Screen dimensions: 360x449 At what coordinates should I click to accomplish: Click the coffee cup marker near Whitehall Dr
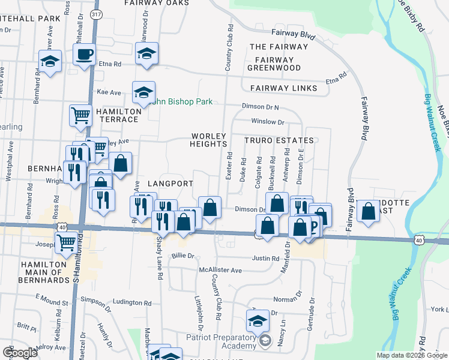point(84,55)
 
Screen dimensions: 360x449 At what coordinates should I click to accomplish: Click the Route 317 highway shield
point(95,13)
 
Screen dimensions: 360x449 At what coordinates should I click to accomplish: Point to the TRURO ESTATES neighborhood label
point(279,140)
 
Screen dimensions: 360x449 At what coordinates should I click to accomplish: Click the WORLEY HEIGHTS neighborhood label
point(208,140)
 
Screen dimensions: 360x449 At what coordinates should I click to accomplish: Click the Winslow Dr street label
point(267,122)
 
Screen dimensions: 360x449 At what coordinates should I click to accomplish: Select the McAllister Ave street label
point(220,270)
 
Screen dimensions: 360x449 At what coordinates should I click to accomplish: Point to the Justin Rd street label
point(266,259)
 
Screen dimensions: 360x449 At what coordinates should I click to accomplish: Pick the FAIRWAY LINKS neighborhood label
point(283,88)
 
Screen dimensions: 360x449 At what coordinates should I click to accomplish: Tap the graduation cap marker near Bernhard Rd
point(50,61)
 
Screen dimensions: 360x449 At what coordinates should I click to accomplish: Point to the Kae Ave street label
point(109,92)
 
